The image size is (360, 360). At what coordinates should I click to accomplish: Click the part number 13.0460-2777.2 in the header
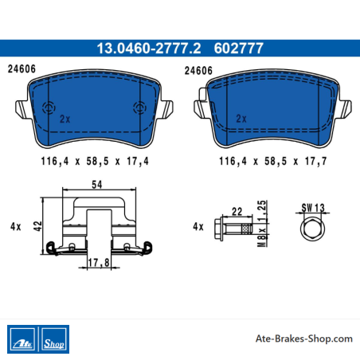click(149, 49)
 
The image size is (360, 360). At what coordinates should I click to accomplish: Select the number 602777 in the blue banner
click(238, 49)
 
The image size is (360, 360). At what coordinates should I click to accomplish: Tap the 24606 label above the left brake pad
click(22, 69)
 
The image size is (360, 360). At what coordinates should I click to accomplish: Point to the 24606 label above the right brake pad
click(198, 71)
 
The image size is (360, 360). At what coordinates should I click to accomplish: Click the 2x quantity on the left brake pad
click(65, 119)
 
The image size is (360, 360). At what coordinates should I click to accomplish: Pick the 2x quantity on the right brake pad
click(241, 119)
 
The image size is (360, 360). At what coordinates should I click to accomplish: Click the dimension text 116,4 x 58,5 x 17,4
click(95, 161)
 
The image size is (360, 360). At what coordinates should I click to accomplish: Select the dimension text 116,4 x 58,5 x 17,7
click(273, 161)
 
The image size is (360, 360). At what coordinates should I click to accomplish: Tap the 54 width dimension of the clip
click(97, 184)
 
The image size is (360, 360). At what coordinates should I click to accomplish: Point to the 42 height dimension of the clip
click(38, 226)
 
